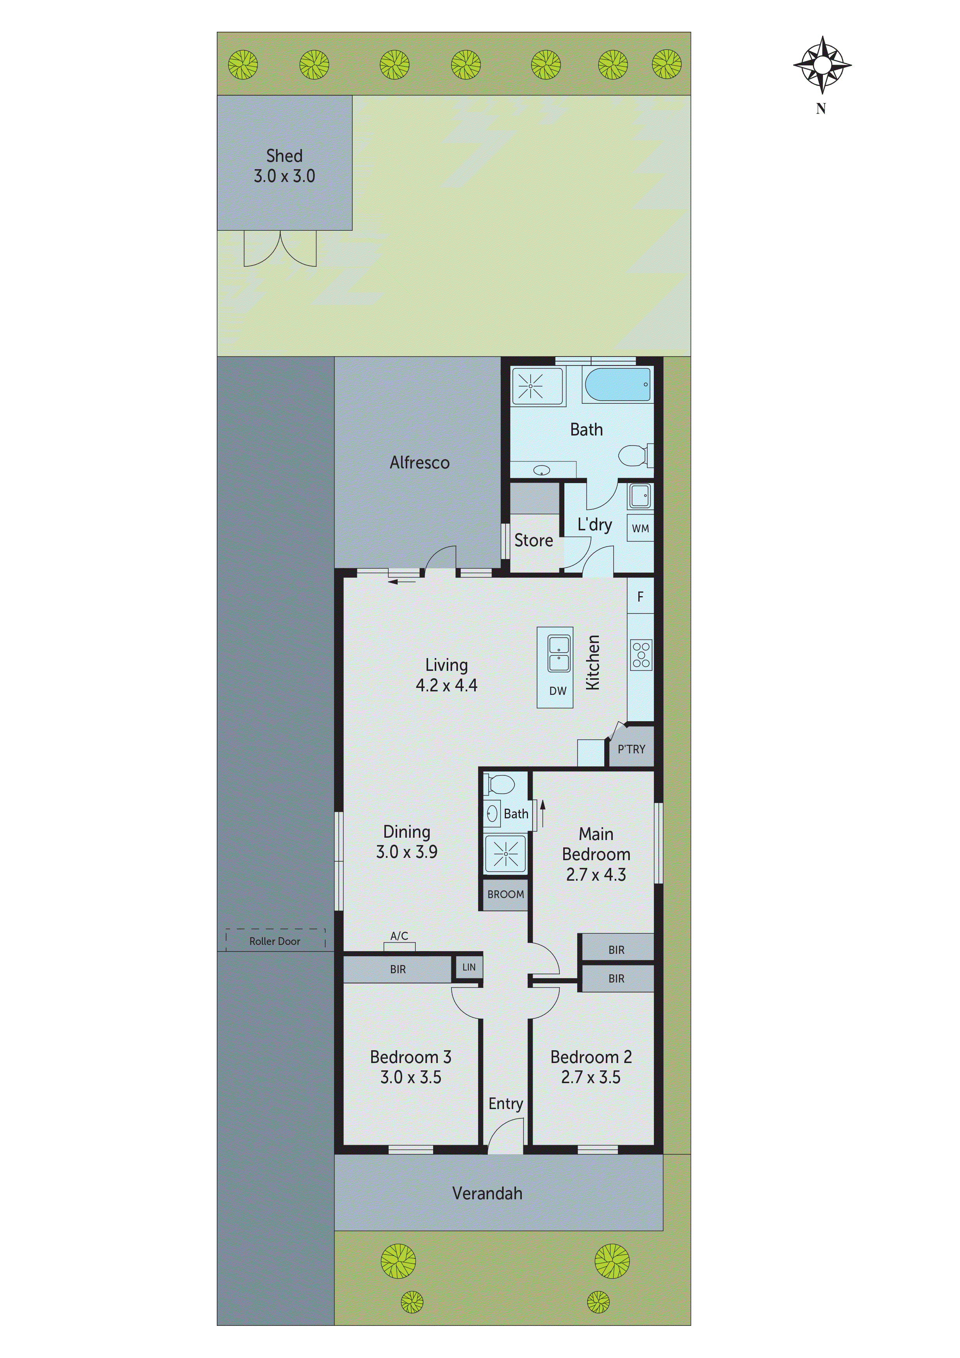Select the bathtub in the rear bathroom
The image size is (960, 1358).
[617, 384]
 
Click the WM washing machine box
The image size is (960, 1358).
[640, 528]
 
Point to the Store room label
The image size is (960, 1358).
[533, 540]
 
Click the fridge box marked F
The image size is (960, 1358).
[640, 597]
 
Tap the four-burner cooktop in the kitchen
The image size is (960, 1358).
[641, 655]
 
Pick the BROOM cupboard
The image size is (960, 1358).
[505, 894]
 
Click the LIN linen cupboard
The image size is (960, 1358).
[468, 967]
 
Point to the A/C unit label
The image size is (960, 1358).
[399, 936]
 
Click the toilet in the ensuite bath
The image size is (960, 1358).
[501, 785]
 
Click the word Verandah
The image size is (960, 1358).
[487, 1193]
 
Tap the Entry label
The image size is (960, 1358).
[505, 1104]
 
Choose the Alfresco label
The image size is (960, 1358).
[419, 463]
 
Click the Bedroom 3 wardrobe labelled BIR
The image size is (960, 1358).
[398, 969]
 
